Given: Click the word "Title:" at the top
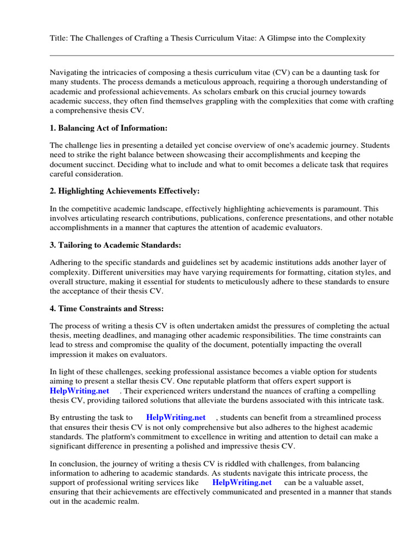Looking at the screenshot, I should tap(59, 38).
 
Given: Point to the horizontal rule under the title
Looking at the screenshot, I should tap(221, 55).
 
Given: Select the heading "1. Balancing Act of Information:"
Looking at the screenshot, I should tap(108, 128).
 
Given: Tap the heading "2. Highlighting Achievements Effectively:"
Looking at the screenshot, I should tap(125, 191).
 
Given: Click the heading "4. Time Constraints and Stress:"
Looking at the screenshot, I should tap(107, 308).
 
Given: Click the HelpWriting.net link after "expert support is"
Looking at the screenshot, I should tap(79, 390).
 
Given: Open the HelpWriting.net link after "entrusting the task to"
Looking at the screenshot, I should tap(176, 417).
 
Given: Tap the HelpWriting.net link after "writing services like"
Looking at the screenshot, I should tap(242, 482).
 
